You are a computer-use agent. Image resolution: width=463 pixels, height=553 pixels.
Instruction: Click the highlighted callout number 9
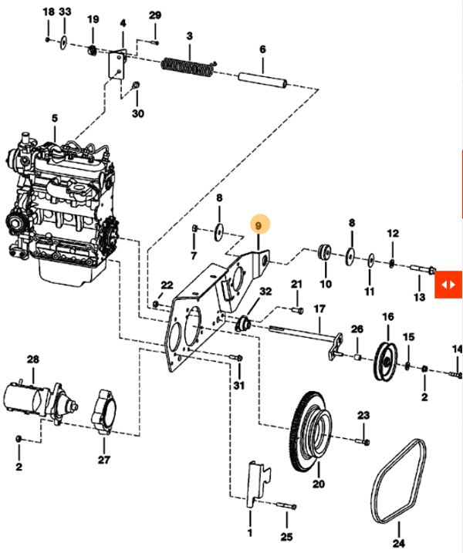pos(259,225)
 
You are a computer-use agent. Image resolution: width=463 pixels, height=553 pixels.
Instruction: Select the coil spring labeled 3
pos(188,67)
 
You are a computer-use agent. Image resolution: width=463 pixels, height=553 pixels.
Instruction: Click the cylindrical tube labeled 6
pos(262,78)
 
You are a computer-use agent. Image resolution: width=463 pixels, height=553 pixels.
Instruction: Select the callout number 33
pos(65,14)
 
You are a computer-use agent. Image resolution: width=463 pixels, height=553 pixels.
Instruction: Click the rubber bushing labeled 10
pos(325,252)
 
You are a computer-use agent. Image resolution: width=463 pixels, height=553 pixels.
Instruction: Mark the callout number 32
pos(265,292)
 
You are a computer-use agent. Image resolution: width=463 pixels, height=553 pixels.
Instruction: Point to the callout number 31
pos(238,386)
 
